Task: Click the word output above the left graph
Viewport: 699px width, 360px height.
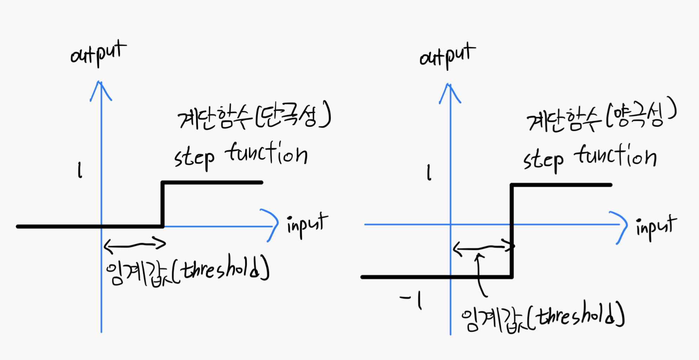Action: (x=98, y=54)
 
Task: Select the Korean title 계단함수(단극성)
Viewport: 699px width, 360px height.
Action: (x=254, y=116)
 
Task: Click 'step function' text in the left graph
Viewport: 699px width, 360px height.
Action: (x=241, y=156)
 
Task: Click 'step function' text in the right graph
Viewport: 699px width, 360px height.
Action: (x=590, y=158)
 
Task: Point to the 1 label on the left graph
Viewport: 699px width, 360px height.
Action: (x=80, y=170)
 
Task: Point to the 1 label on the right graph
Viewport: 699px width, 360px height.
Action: (x=429, y=173)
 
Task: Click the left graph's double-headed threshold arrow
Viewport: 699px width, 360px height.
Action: (x=135, y=245)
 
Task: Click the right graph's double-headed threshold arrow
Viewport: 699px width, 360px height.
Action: (x=482, y=248)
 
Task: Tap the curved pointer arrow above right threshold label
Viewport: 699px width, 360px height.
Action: (x=480, y=274)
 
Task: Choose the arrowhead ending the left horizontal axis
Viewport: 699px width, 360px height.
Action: (x=272, y=225)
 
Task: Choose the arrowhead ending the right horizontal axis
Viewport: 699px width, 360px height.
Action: (x=621, y=227)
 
